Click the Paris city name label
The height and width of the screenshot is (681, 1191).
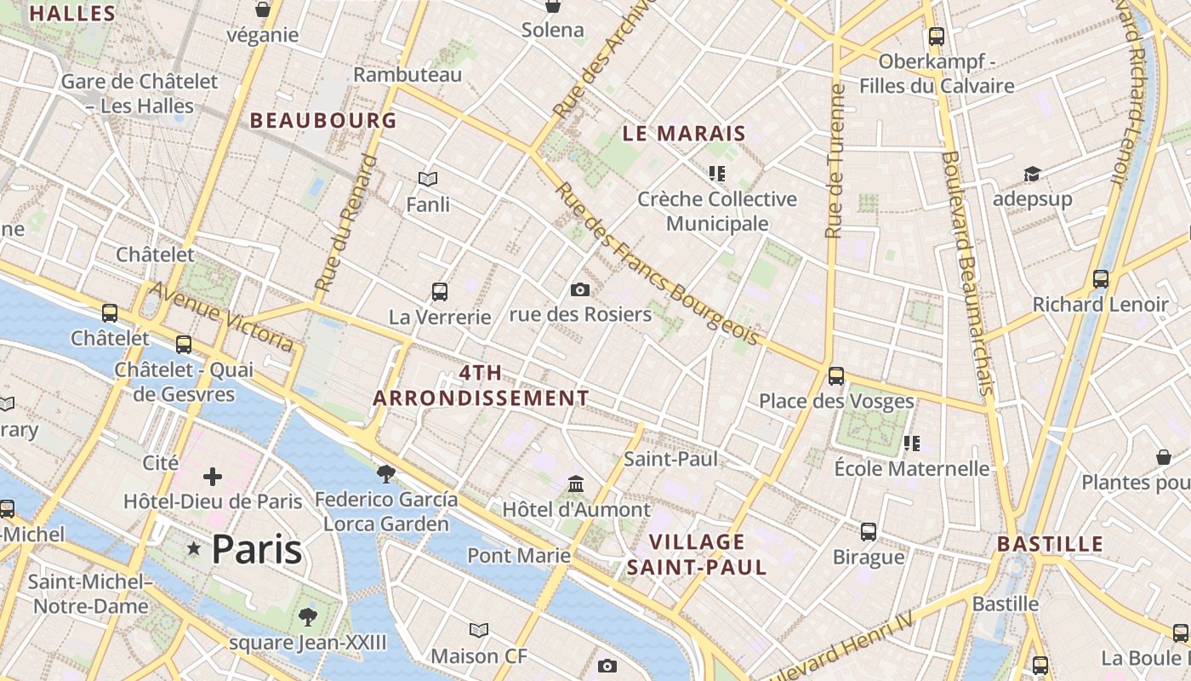click(x=256, y=550)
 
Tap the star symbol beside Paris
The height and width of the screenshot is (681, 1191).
click(x=194, y=550)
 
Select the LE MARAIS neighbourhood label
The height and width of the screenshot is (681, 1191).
click(x=684, y=134)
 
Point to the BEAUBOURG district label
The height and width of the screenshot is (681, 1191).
click(x=323, y=121)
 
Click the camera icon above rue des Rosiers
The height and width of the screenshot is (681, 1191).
click(x=580, y=290)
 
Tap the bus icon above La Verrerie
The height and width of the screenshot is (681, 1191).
click(x=440, y=292)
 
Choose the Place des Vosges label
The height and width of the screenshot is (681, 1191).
click(x=836, y=401)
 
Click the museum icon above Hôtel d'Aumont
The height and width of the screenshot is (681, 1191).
click(x=576, y=484)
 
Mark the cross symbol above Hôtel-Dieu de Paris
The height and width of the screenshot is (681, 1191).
click(x=213, y=477)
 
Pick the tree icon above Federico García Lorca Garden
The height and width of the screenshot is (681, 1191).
click(x=386, y=473)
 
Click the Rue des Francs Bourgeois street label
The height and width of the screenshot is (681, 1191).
click(x=656, y=264)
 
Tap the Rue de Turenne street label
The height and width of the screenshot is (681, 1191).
click(x=835, y=162)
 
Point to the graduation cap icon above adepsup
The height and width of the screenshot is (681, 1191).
click(x=1032, y=175)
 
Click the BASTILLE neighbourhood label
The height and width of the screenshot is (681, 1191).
click(x=1050, y=545)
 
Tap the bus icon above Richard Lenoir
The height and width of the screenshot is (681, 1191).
click(x=1101, y=279)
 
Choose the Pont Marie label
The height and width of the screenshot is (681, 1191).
click(x=519, y=556)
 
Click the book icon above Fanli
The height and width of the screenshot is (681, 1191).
click(x=428, y=180)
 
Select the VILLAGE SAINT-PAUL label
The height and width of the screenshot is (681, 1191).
click(x=697, y=554)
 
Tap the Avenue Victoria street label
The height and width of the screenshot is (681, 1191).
click(x=222, y=317)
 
